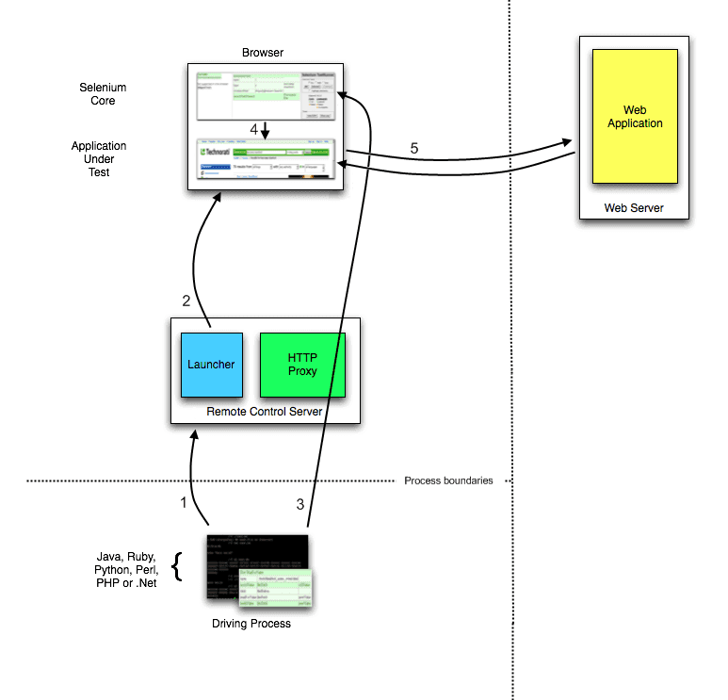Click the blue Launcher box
(212, 365)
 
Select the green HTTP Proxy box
(302, 364)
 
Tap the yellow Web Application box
(635, 117)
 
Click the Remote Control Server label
(265, 413)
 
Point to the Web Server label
(634, 207)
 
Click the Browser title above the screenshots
(262, 53)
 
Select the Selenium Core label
(103, 93)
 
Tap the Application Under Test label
(99, 159)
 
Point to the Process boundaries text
(448, 480)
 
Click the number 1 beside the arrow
(184, 502)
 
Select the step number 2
(186, 301)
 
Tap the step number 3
(300, 504)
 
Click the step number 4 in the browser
(253, 128)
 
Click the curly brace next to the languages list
(176, 569)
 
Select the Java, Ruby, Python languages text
(125, 569)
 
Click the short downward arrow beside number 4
(265, 129)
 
